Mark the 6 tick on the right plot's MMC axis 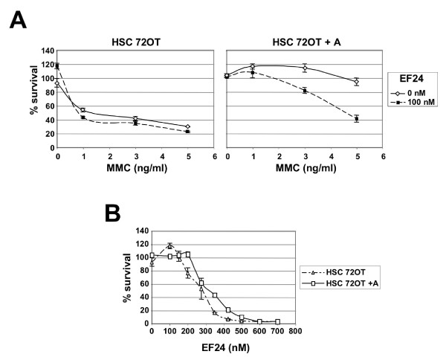(384, 158)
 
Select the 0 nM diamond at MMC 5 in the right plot (358, 82)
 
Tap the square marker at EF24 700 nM (277, 321)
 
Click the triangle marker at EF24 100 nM (170, 245)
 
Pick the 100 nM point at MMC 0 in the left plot (57, 66)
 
